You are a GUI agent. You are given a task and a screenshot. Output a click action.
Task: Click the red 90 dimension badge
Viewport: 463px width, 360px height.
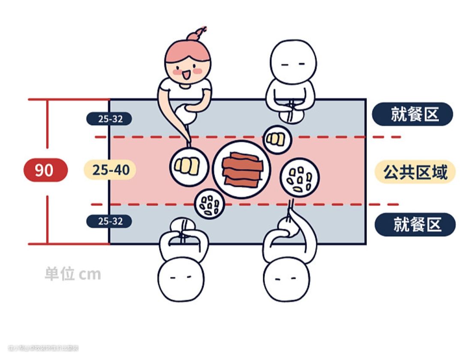coord(45,170)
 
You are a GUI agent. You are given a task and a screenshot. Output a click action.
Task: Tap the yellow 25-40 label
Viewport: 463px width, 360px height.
coord(110,170)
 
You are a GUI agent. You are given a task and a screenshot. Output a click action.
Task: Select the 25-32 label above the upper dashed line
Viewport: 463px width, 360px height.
coord(109,119)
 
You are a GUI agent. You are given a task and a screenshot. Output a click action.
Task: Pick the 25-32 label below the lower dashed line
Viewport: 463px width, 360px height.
coord(109,221)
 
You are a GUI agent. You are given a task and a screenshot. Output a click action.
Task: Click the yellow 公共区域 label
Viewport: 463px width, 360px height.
coord(415,172)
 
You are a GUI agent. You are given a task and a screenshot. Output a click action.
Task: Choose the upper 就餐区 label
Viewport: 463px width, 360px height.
coord(412,114)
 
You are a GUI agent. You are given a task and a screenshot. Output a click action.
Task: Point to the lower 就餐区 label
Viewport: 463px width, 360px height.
coord(415,225)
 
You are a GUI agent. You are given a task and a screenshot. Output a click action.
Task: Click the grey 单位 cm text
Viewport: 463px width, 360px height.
coord(73,274)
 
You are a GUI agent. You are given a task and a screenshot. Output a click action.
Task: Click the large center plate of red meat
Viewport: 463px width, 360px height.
coord(242,169)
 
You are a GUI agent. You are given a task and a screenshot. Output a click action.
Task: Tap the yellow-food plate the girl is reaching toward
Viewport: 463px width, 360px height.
coord(189,166)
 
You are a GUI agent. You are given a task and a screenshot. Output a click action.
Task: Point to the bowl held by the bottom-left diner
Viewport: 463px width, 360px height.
coord(183,226)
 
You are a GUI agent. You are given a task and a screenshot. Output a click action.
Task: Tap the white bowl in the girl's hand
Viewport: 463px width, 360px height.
coord(186,113)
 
